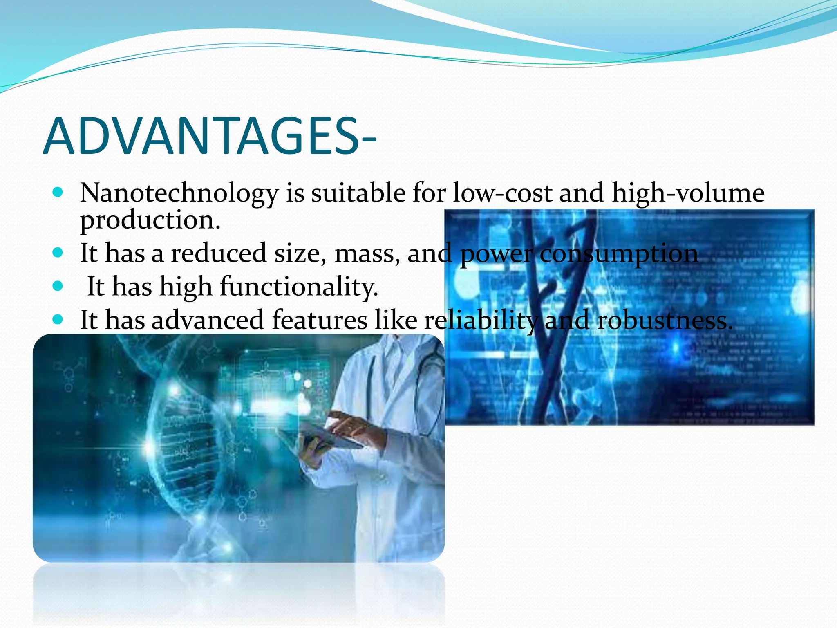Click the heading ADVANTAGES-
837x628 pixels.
209,136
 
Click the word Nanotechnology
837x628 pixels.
179,193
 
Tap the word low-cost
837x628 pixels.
502,193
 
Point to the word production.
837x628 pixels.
150,220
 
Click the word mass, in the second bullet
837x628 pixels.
367,253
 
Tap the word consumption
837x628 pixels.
619,253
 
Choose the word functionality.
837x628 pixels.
299,287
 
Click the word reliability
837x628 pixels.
481,320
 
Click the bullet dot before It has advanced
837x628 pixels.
58,319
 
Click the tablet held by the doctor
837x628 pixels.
323,435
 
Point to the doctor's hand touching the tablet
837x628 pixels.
351,425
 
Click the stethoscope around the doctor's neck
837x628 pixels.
427,368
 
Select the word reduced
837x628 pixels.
219,253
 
